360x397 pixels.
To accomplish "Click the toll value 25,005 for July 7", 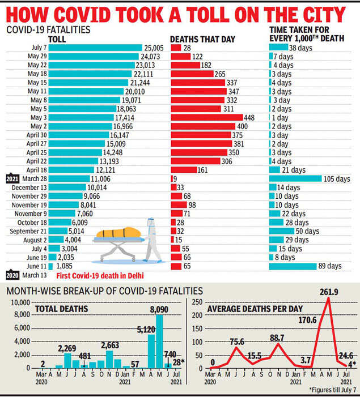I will tap(154, 48).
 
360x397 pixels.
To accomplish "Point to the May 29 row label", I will tap(34, 57).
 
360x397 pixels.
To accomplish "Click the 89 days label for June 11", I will tap(330, 266).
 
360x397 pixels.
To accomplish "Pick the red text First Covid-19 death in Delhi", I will tap(99, 276).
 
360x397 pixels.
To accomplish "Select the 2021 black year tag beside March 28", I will tap(12, 178).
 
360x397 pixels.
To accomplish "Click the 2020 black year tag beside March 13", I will tap(12, 275).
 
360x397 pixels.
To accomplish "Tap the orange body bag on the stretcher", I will tap(117, 232).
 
